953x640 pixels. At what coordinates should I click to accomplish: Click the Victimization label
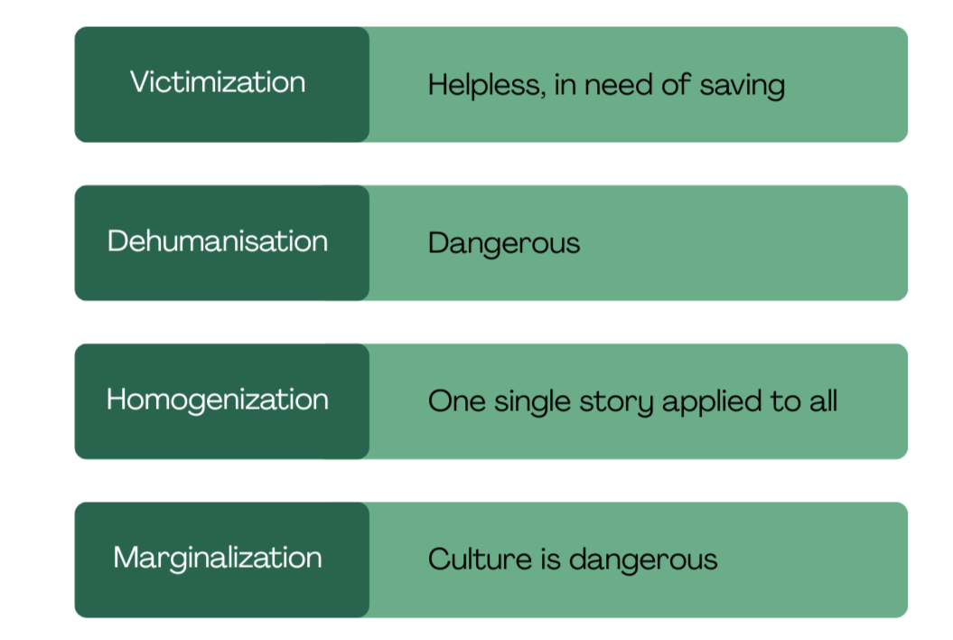218,83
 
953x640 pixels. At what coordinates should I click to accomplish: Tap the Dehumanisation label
218,241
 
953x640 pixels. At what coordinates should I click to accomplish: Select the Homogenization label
218,400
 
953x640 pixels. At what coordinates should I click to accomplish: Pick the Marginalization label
218,558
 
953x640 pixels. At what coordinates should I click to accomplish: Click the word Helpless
483,85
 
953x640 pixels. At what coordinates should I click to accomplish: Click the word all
823,401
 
